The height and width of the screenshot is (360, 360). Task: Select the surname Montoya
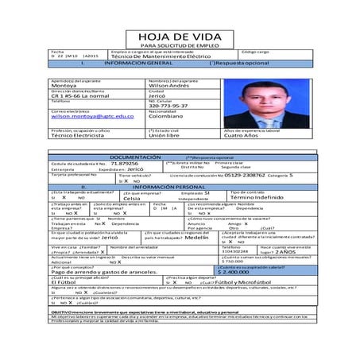click(66, 86)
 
